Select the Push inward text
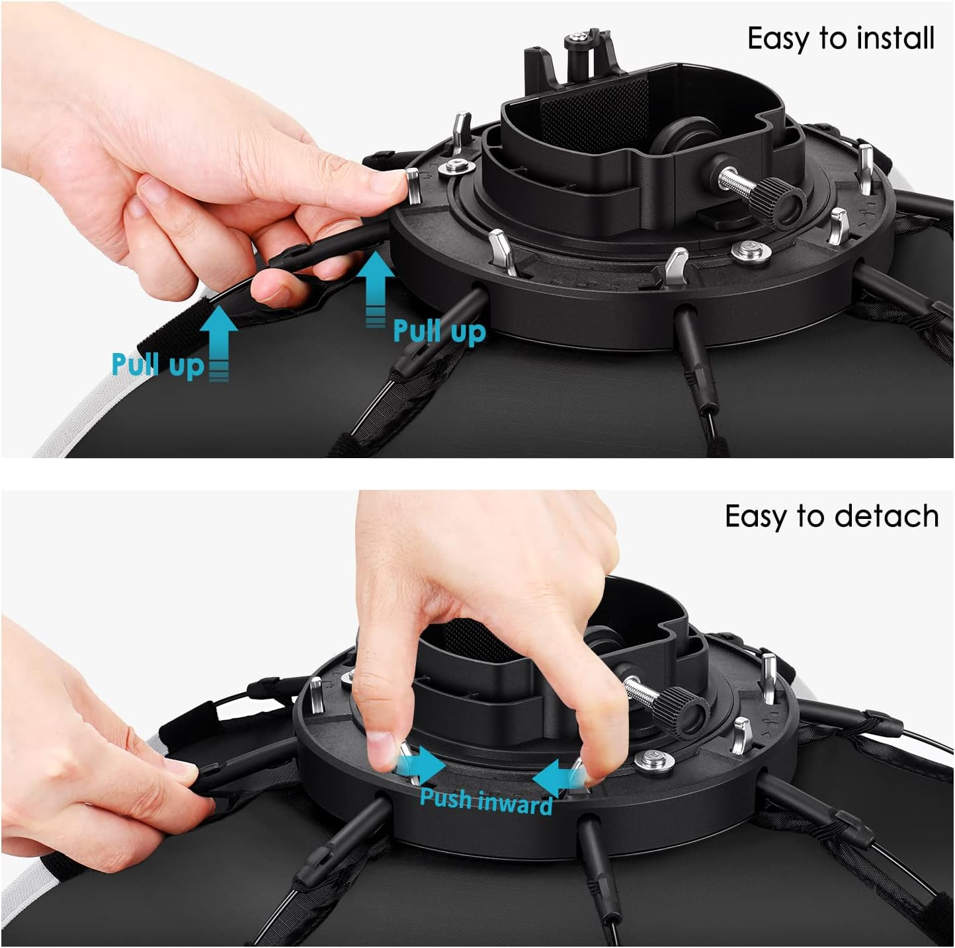pos(486,801)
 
